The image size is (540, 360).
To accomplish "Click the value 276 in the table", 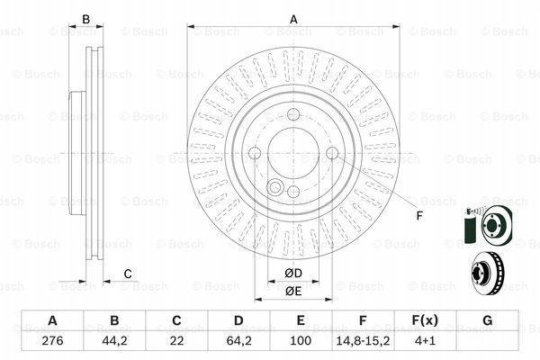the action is (x=52, y=341).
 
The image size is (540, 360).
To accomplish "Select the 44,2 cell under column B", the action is (x=114, y=341).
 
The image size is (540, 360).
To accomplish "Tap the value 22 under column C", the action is (x=176, y=341).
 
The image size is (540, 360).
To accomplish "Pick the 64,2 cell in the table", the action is (x=238, y=341).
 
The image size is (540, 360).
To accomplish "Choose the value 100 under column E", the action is (x=301, y=341).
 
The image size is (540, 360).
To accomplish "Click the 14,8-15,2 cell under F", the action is (x=363, y=341).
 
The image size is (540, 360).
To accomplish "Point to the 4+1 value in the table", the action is (x=425, y=341).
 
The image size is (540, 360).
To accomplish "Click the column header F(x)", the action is (x=425, y=320).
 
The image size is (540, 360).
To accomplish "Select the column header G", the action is (x=487, y=320).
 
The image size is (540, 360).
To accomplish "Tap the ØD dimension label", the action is (x=293, y=274).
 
